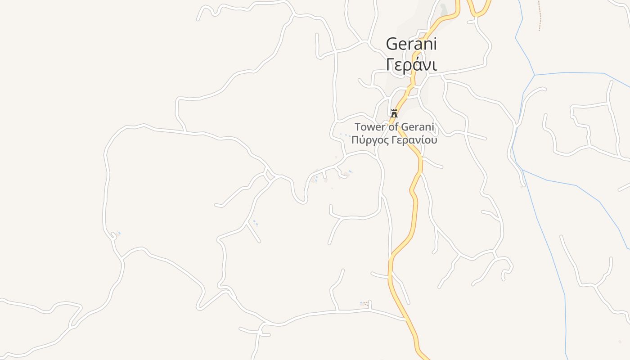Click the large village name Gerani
pos(411,44)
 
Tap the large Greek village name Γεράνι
pos(411,64)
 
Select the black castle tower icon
pos(394,113)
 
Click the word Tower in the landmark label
pos(370,127)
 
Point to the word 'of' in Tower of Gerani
pos(393,127)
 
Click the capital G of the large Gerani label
pos(392,44)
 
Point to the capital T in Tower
pos(358,127)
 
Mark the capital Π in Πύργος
pos(355,139)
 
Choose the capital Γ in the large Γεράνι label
pos(390,64)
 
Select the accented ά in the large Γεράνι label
pos(415,64)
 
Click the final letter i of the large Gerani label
pos(434,44)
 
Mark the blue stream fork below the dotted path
pos(535,75)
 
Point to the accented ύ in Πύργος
pos(362,140)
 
